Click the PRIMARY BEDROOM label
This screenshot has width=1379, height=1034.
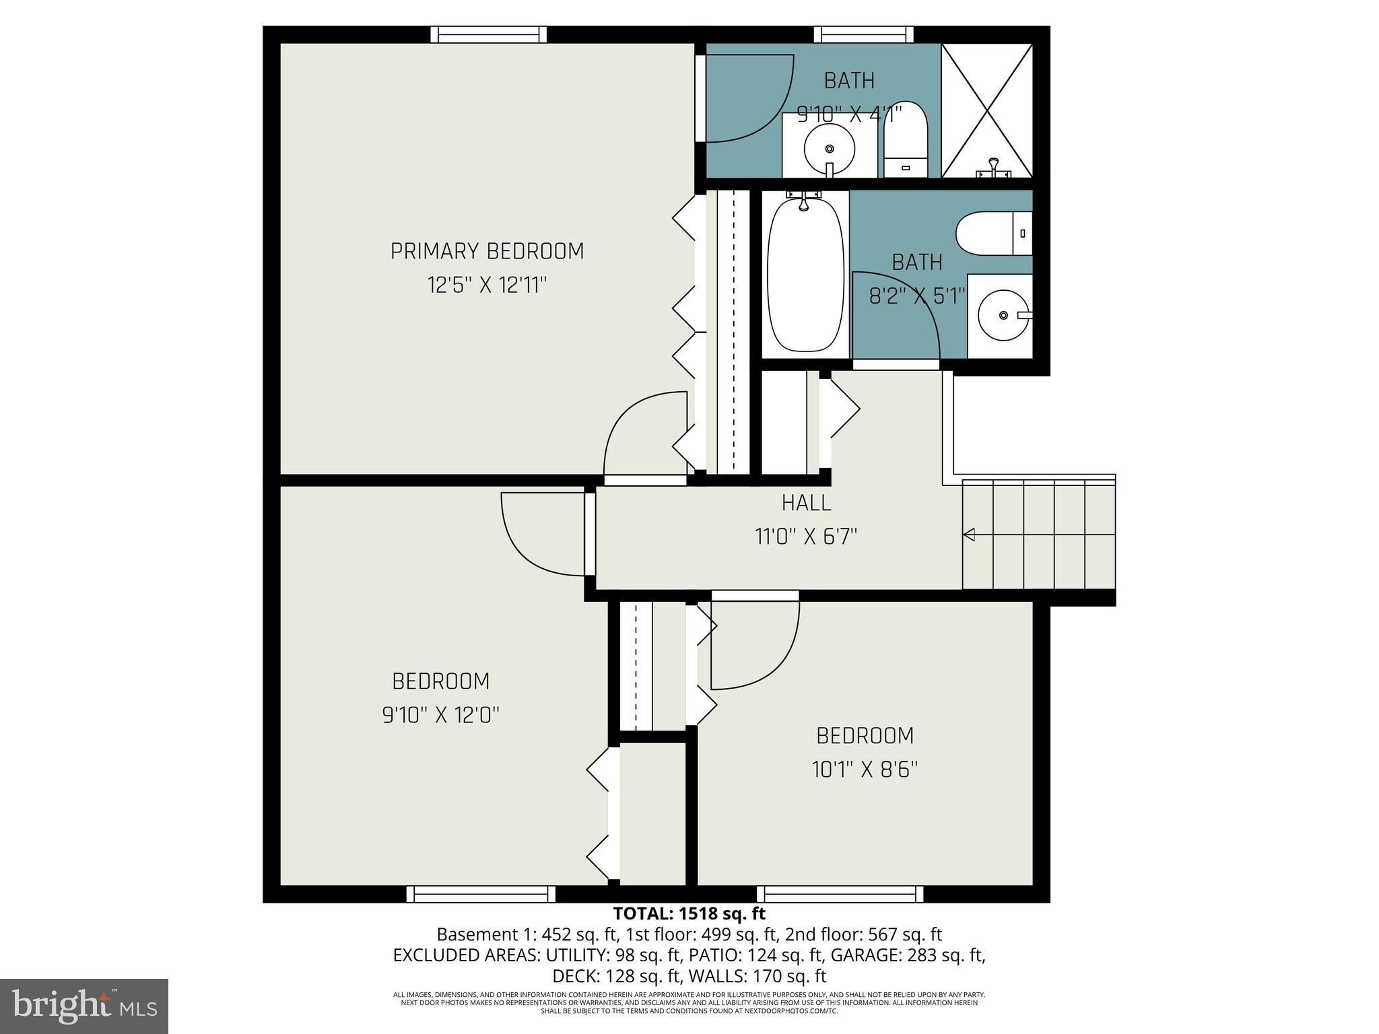pyautogui.click(x=487, y=251)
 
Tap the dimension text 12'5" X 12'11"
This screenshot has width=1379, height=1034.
pyautogui.click(x=487, y=285)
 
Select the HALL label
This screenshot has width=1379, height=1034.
pyautogui.click(x=806, y=502)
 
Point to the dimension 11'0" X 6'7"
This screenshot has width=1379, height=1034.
pyautogui.click(x=806, y=537)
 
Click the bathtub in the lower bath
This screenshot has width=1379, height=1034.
pyautogui.click(x=805, y=276)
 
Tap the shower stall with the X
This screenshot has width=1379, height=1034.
pyautogui.click(x=986, y=110)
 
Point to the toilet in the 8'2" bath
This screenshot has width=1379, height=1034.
pyautogui.click(x=994, y=233)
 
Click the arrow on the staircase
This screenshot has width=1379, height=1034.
pyautogui.click(x=970, y=535)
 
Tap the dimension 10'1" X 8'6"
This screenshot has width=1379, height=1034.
pyautogui.click(x=865, y=769)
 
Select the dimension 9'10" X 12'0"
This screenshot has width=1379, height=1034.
pyautogui.click(x=440, y=714)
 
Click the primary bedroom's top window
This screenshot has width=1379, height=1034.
pyautogui.click(x=488, y=34)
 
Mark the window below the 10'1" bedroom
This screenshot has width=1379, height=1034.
pyautogui.click(x=840, y=894)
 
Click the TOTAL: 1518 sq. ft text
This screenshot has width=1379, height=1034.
pyautogui.click(x=689, y=914)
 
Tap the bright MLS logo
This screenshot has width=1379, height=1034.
pyautogui.click(x=84, y=1006)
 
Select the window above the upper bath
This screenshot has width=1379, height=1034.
pyautogui.click(x=863, y=34)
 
